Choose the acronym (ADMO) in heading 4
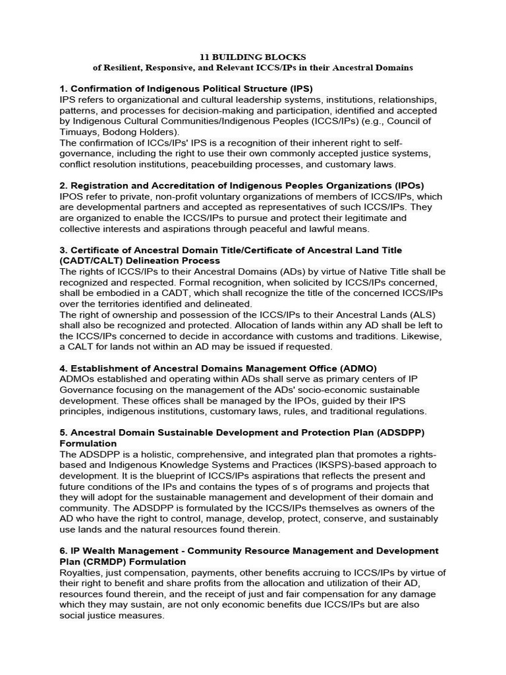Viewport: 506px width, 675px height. (x=351, y=368)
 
